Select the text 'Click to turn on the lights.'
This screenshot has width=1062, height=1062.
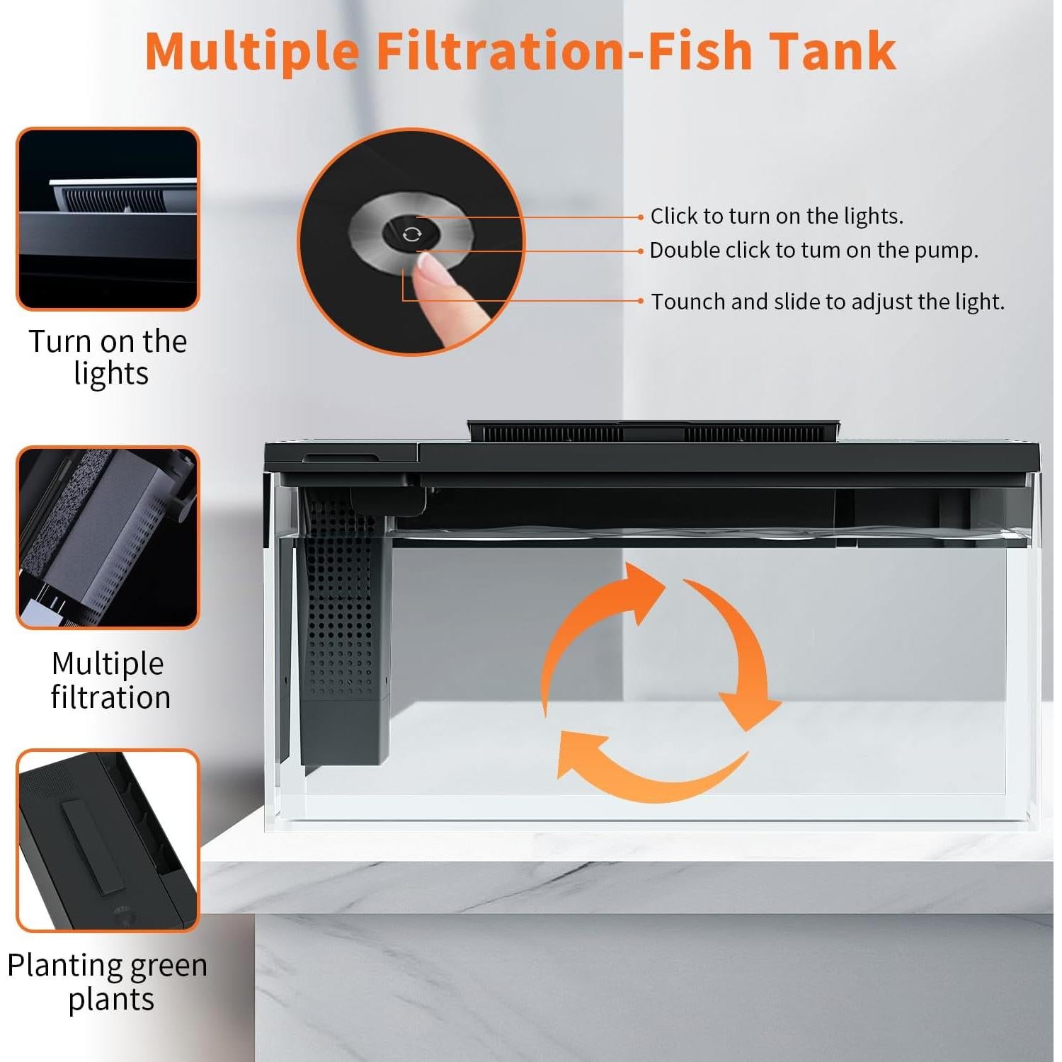pos(777,216)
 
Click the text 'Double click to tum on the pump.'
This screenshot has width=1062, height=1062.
pos(813,250)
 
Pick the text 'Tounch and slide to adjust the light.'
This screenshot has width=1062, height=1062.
pos(828,302)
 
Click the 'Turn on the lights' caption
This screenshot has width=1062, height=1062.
pos(108,357)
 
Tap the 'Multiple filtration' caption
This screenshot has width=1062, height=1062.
pos(110,680)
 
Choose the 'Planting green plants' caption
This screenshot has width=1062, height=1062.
pos(108,981)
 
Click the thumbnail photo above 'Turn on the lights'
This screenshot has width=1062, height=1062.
pos(108,219)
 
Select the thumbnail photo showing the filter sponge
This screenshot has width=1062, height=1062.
pos(108,537)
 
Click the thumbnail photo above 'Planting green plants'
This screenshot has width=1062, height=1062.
pos(108,840)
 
